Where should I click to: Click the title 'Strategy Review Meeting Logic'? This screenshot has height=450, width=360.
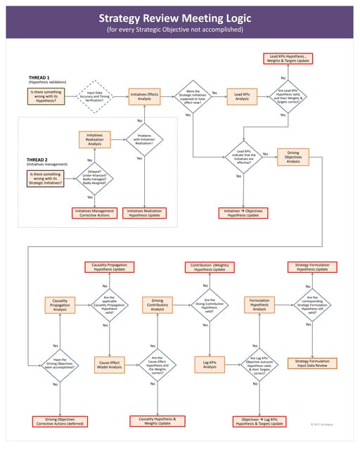pyautogui.click(x=180, y=18)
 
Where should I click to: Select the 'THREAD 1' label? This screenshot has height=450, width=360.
pyautogui.click(x=38, y=77)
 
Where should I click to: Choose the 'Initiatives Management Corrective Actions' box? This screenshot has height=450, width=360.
pyautogui.click(x=94, y=212)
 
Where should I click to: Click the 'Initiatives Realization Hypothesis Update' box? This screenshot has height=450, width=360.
pyautogui.click(x=144, y=212)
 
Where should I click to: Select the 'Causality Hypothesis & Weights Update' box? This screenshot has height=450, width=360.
pyautogui.click(x=153, y=421)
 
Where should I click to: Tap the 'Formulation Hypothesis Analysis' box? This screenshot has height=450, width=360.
pyautogui.click(x=260, y=304)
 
